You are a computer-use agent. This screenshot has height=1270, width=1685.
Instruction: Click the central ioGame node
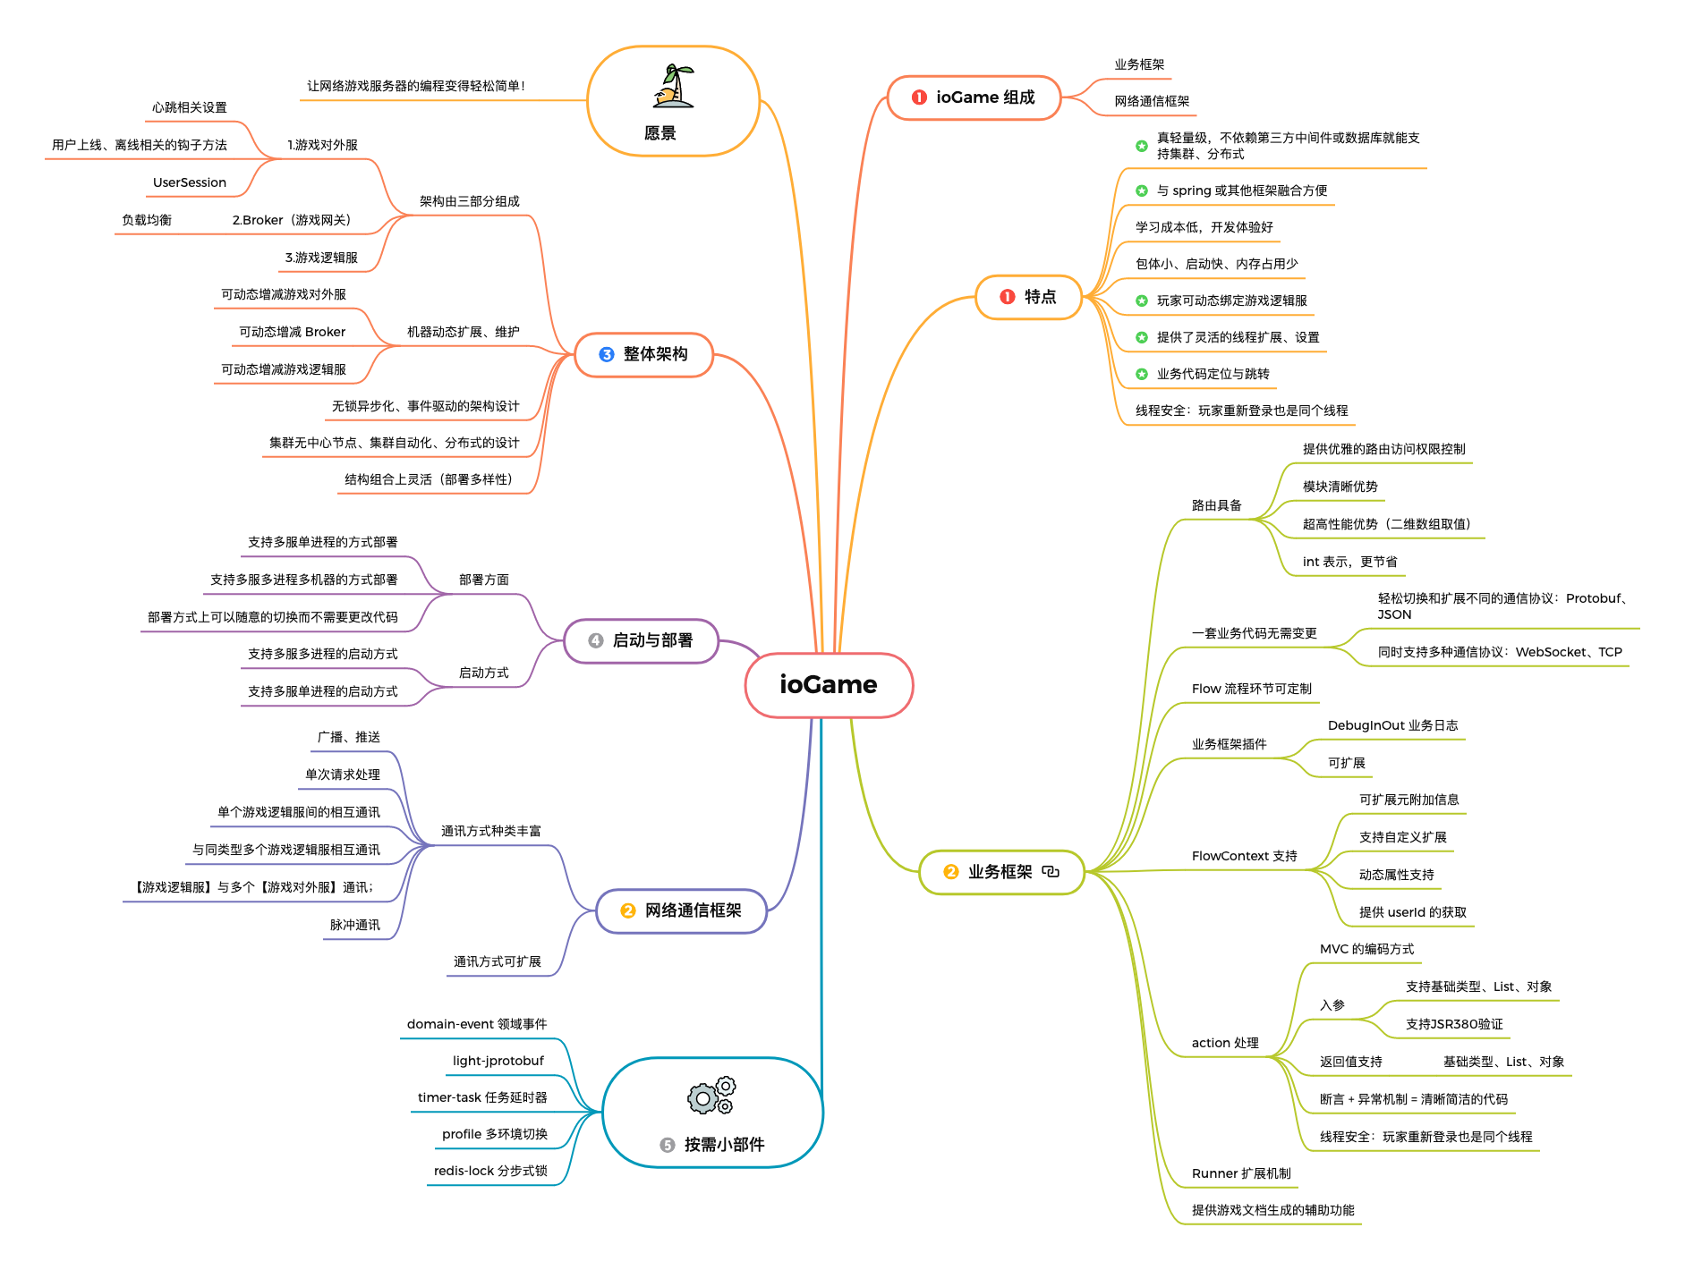click(829, 685)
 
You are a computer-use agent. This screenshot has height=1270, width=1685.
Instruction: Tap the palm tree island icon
click(674, 87)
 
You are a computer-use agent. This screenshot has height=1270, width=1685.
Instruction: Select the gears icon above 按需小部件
click(711, 1096)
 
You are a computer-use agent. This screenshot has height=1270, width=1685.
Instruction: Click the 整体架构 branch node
click(643, 354)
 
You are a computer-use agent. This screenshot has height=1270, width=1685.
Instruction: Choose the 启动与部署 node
click(642, 640)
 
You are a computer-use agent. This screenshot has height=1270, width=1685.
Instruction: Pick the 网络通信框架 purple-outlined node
click(682, 910)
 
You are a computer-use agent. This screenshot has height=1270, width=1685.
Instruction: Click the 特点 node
click(1029, 297)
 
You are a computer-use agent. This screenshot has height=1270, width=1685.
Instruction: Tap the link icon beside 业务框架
click(1051, 871)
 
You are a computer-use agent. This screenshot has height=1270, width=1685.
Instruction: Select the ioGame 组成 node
click(974, 97)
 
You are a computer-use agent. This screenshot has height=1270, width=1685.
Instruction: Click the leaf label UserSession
click(190, 182)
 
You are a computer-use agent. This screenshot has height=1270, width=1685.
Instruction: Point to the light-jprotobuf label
click(498, 1061)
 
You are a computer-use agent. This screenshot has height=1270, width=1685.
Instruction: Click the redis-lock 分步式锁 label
click(490, 1171)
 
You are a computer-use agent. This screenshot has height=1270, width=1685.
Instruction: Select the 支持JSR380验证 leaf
click(1454, 1024)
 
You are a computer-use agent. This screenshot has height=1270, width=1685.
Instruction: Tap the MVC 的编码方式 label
click(1367, 949)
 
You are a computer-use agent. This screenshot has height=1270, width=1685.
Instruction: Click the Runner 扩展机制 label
click(1241, 1173)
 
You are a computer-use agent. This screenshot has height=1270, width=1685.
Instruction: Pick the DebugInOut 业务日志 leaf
click(1393, 725)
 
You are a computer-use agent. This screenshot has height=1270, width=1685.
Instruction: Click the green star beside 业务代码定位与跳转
click(1142, 374)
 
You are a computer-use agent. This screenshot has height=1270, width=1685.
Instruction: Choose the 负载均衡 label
click(147, 220)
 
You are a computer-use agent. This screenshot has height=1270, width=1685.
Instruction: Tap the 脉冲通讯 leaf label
click(355, 925)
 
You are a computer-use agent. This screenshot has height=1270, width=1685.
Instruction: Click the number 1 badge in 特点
click(1008, 297)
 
